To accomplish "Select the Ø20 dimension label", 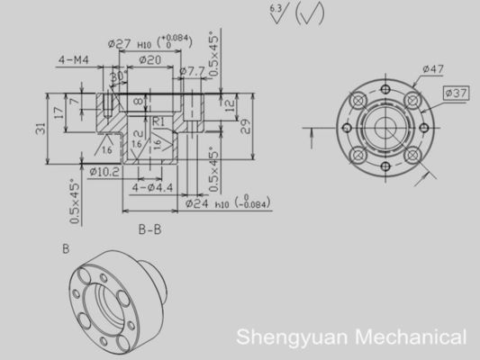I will (149, 59).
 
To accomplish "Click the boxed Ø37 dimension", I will (457, 93).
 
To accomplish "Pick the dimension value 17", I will (59, 112).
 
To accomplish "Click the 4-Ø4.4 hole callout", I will (151, 187).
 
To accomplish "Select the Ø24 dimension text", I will (198, 204).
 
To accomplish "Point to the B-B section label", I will (149, 229).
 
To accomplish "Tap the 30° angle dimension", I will (116, 77).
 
